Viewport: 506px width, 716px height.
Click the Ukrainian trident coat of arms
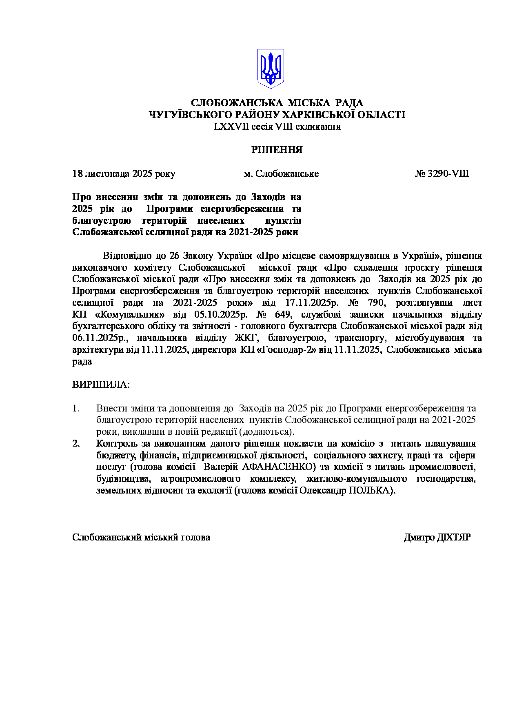(x=270, y=69)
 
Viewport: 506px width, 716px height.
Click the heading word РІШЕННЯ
(x=277, y=150)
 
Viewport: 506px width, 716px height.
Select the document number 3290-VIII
(x=448, y=173)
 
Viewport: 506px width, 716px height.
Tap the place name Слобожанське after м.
(x=287, y=173)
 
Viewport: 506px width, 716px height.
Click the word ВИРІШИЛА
(x=100, y=385)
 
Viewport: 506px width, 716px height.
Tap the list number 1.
(x=75, y=408)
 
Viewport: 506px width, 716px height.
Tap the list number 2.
(x=76, y=443)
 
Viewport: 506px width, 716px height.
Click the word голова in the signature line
(x=195, y=537)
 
